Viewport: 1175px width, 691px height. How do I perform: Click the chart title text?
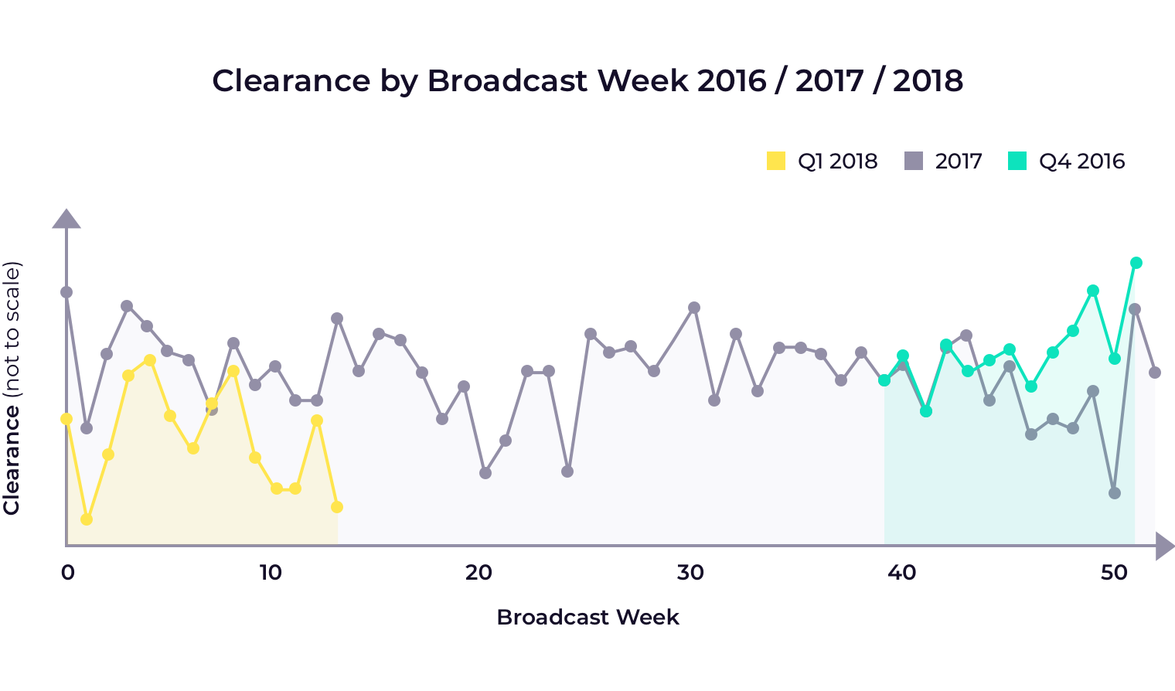click(587, 80)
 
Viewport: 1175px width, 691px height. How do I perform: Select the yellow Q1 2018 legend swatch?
click(775, 161)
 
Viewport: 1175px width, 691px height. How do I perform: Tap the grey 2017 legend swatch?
click(914, 161)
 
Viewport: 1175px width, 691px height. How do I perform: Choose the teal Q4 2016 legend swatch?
click(1017, 161)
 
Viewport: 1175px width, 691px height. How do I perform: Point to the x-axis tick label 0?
click(67, 573)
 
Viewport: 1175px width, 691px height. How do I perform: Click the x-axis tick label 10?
click(270, 573)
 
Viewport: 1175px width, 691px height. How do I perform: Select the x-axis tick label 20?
click(479, 573)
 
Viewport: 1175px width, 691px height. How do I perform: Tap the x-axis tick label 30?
click(690, 573)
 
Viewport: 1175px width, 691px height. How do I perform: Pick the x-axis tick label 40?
click(901, 573)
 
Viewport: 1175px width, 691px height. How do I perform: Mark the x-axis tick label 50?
click(1114, 573)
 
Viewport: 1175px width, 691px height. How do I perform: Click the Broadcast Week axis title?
click(587, 617)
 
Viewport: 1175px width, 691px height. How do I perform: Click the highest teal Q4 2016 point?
click(1136, 263)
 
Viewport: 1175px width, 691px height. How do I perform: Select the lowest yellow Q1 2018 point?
click(87, 519)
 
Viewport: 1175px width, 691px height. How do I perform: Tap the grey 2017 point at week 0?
click(66, 292)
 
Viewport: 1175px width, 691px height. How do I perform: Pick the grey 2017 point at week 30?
click(694, 308)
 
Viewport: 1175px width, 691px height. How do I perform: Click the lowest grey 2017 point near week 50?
click(1115, 493)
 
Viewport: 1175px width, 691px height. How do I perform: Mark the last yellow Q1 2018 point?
click(337, 507)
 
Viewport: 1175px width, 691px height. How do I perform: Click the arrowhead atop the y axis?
click(66, 219)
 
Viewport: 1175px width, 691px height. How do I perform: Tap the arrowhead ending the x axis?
click(1164, 546)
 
